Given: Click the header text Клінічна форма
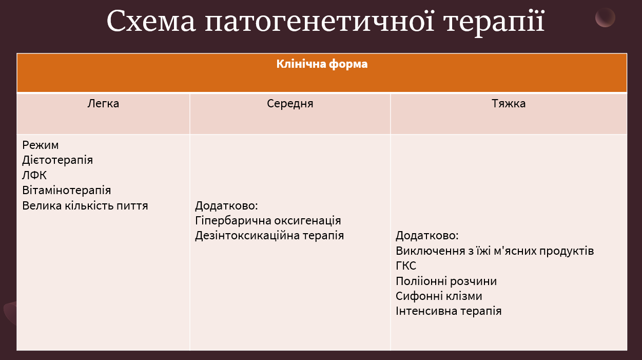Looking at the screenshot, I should (322, 65).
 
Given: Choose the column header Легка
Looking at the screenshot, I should (103, 104).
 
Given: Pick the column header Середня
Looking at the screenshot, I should (290, 104).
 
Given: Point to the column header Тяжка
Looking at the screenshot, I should (509, 104).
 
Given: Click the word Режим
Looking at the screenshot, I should (41, 145).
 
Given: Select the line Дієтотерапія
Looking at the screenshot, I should (57, 160).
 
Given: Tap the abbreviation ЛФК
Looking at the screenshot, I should (34, 176).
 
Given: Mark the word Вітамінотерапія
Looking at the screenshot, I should (67, 191).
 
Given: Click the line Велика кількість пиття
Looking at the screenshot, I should (85, 206).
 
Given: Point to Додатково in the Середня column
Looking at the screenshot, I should (226, 206).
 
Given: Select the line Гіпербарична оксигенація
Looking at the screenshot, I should (268, 221).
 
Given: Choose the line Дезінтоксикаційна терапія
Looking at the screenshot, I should (269, 236).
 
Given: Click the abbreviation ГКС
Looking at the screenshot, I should (406, 266).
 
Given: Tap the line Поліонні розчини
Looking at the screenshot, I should (446, 281).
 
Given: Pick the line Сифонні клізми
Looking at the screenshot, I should (439, 296).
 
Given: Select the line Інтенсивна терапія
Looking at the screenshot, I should (449, 311).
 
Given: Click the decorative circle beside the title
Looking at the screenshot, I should (605, 17).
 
